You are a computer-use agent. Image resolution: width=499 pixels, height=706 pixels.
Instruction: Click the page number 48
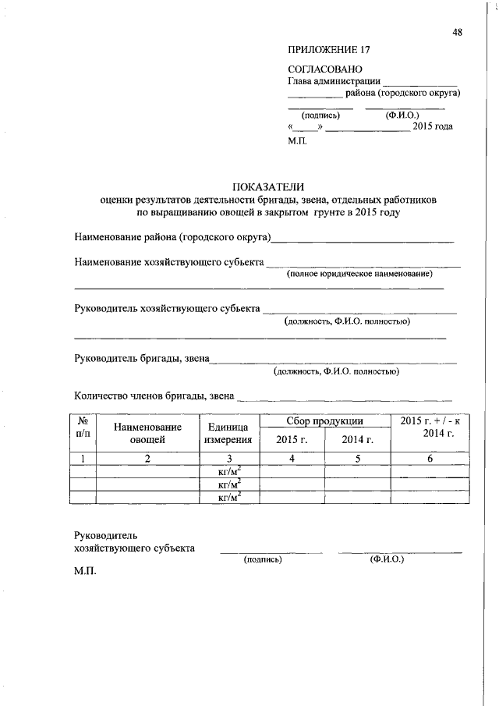[457, 32]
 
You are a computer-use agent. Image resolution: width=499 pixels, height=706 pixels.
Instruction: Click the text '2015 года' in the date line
[433, 126]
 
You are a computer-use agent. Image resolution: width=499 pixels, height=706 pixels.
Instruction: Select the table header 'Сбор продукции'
[324, 421]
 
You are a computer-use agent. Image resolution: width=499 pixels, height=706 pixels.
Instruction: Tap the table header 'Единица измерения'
[228, 433]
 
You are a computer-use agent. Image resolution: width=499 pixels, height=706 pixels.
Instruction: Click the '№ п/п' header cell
[83, 427]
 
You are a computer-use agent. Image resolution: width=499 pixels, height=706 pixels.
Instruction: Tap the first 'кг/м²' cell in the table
[228, 471]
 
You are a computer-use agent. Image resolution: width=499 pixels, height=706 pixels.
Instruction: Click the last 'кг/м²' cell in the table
[228, 497]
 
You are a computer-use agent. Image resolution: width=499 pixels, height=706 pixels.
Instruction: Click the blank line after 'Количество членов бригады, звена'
[343, 398]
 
